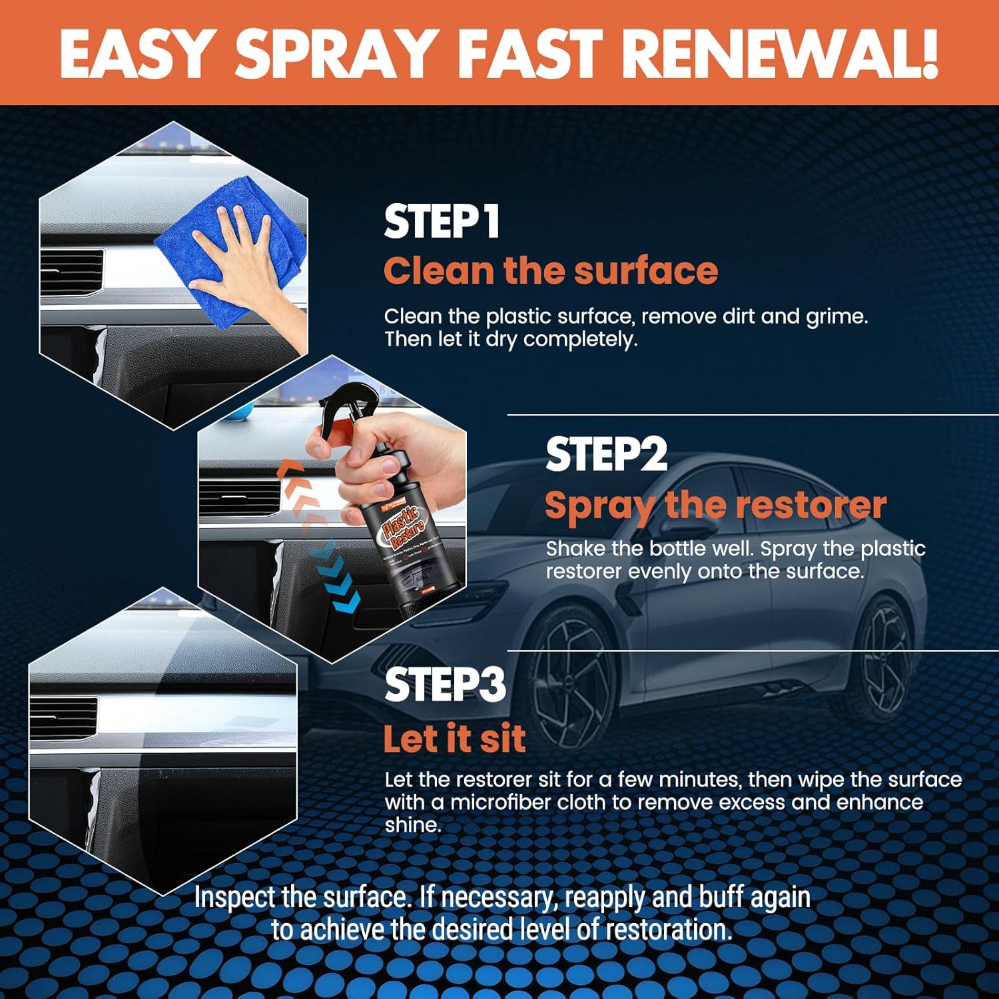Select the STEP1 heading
click(x=442, y=222)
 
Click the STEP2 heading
click(x=605, y=455)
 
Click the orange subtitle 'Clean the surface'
click(x=550, y=271)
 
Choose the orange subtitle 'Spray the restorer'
click(x=715, y=505)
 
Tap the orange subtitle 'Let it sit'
click(x=454, y=739)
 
